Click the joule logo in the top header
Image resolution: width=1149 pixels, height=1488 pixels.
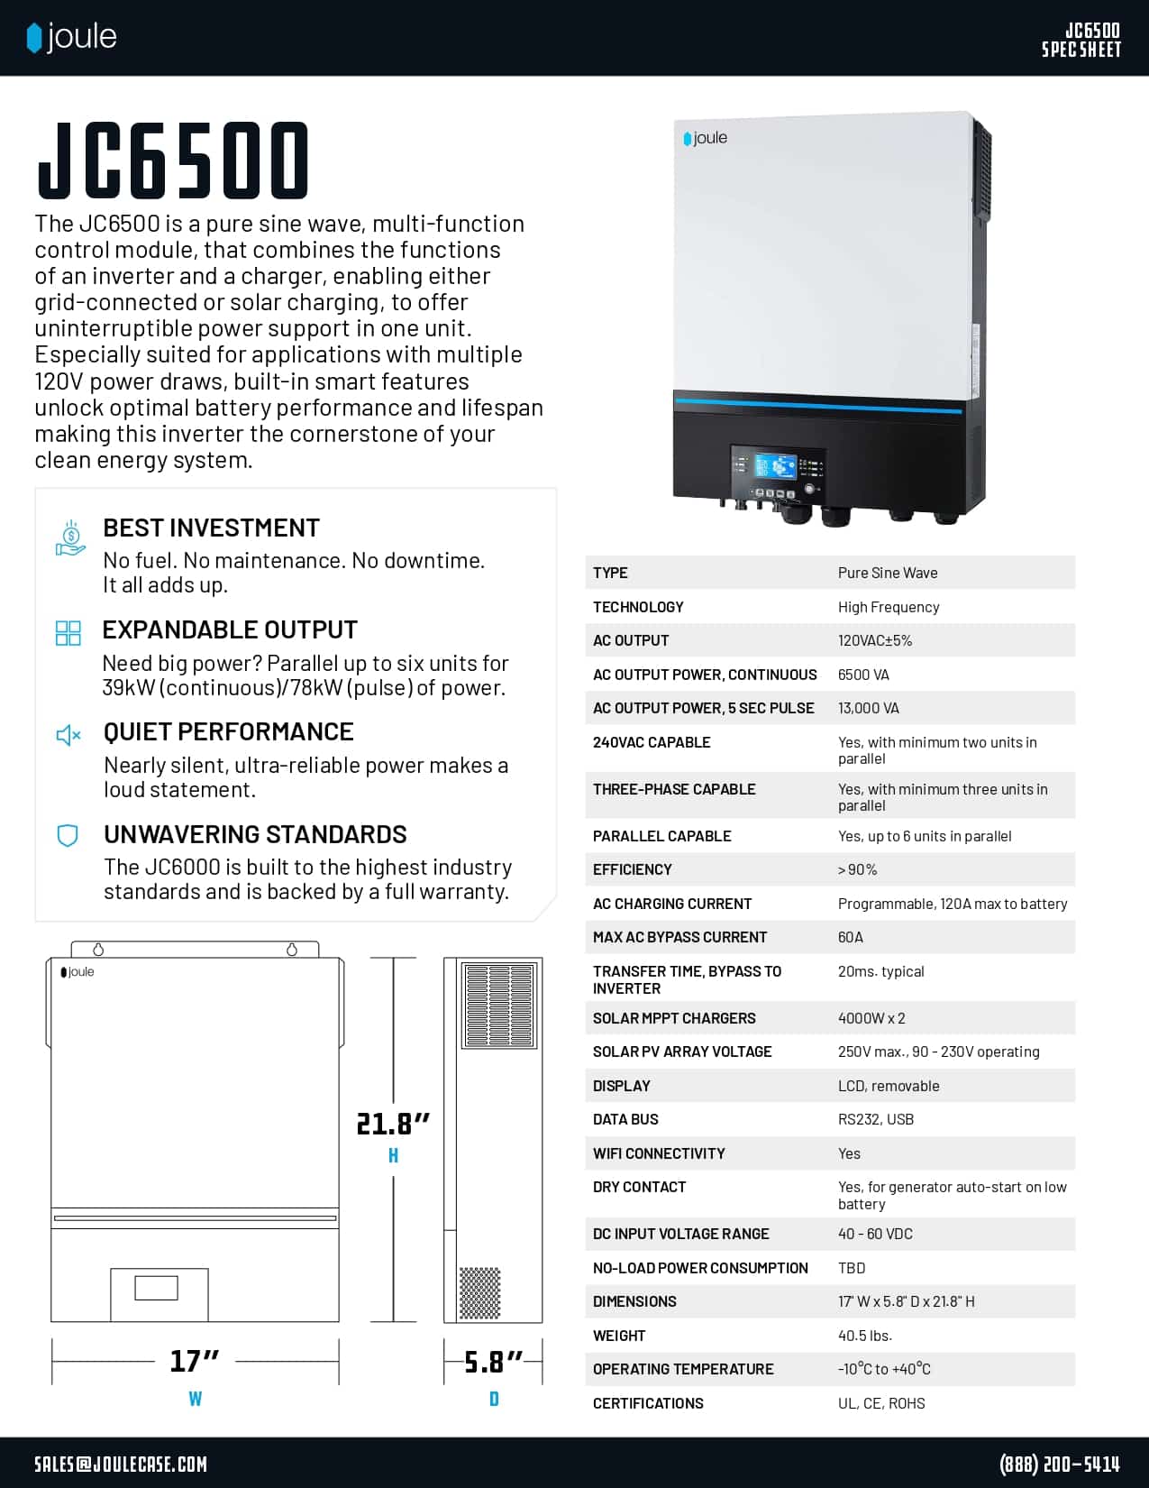(x=72, y=37)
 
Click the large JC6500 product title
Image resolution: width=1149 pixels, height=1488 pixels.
(x=174, y=161)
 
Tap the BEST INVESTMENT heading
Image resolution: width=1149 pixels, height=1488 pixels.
(x=211, y=528)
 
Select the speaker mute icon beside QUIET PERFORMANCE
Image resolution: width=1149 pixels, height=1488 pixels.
(x=68, y=735)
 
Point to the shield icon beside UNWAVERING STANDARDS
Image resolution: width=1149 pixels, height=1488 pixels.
(x=68, y=835)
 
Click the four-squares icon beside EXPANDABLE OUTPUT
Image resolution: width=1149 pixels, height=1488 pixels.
(x=68, y=632)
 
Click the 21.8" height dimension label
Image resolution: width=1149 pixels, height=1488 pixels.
(x=393, y=1124)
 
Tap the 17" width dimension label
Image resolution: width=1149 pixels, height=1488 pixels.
(x=195, y=1360)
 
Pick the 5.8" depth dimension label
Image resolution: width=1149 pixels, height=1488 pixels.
(x=493, y=1361)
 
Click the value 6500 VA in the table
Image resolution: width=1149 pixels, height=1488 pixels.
(x=863, y=675)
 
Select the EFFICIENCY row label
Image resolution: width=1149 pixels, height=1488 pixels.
(x=633, y=869)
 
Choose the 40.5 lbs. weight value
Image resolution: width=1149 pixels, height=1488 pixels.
(x=865, y=1336)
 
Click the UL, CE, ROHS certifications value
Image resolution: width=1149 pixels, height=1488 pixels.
(x=881, y=1403)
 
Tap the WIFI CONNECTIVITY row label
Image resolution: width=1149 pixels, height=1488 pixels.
(x=659, y=1153)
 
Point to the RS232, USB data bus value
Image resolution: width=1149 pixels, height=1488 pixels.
(x=876, y=1119)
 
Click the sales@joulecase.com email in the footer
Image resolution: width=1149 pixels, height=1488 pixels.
(x=121, y=1464)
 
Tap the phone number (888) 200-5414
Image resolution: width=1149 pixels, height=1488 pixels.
(x=1060, y=1464)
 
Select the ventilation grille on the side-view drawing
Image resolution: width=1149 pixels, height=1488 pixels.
(x=498, y=1006)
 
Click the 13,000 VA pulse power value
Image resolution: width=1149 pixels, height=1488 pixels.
(x=869, y=708)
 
